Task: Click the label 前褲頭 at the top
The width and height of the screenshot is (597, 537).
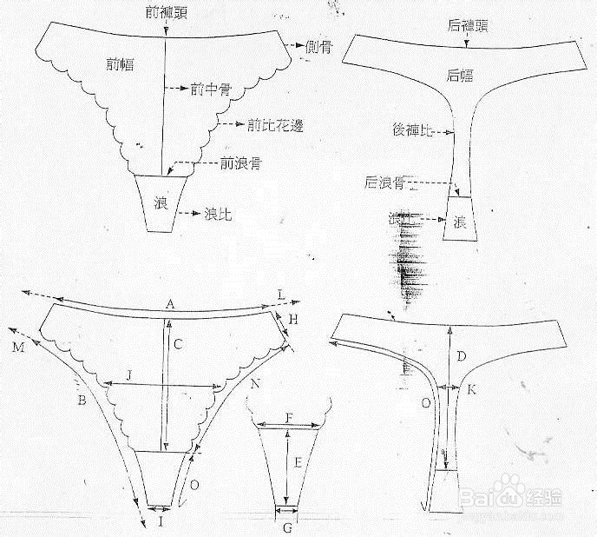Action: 165,11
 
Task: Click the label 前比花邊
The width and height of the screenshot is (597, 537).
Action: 272,125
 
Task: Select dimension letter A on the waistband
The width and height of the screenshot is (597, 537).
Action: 170,303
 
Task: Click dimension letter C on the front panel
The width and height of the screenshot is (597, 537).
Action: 176,344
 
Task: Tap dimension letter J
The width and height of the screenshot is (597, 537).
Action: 128,375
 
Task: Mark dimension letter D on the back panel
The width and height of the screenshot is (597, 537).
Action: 462,356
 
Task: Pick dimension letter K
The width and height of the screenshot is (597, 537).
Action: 471,390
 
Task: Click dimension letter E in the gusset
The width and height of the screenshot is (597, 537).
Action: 298,463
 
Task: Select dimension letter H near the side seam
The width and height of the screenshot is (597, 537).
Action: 293,320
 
